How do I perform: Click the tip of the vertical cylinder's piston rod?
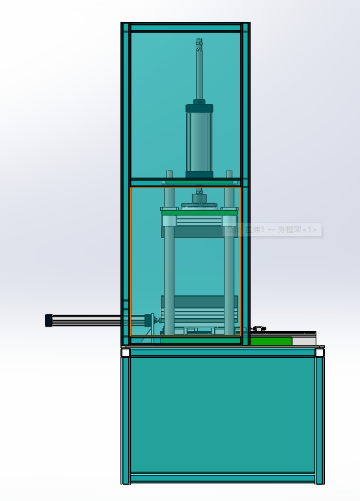click(199, 42)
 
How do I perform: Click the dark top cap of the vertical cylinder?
click(199, 108)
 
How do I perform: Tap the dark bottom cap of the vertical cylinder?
click(199, 174)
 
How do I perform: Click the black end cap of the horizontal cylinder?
click(48, 320)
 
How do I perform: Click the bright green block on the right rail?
click(271, 341)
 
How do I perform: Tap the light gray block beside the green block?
click(303, 341)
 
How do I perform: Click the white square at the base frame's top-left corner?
click(126, 353)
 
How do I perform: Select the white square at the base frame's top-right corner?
click(320, 353)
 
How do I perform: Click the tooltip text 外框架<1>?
click(298, 230)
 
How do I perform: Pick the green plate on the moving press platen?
click(199, 211)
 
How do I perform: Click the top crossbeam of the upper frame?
click(186, 27)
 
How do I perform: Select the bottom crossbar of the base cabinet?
click(222, 478)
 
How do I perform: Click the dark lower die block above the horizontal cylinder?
click(199, 301)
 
